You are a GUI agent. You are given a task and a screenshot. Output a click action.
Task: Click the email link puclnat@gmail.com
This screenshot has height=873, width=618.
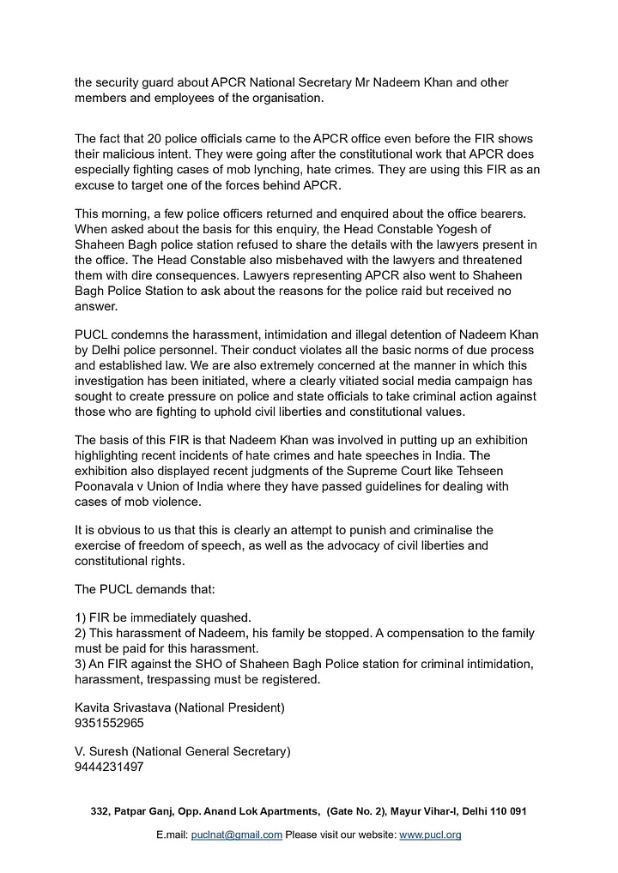236,834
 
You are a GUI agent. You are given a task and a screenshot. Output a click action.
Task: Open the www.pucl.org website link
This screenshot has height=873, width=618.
430,834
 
